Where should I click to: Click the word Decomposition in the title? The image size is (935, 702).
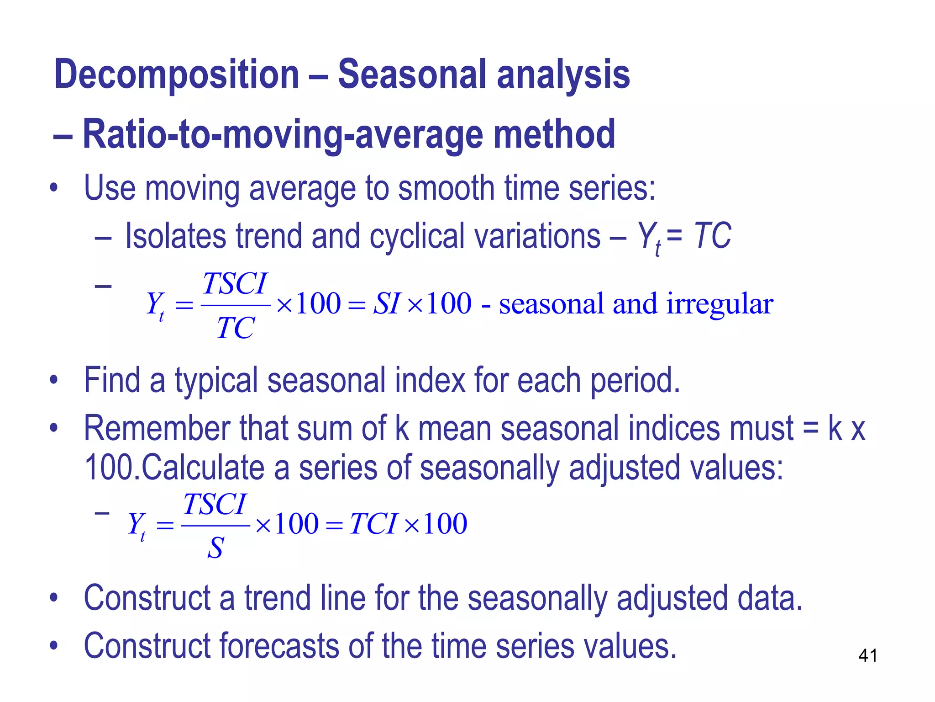coord(176,74)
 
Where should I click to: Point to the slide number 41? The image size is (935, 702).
coord(867,656)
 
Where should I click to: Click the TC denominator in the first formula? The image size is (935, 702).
coord(235,328)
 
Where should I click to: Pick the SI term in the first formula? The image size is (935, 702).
coord(387,303)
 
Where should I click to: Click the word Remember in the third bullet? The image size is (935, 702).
coord(158,429)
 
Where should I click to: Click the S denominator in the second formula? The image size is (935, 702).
coord(215,548)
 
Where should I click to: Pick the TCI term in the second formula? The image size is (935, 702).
coord(373,524)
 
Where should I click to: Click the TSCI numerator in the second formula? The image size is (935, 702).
coord(215,505)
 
